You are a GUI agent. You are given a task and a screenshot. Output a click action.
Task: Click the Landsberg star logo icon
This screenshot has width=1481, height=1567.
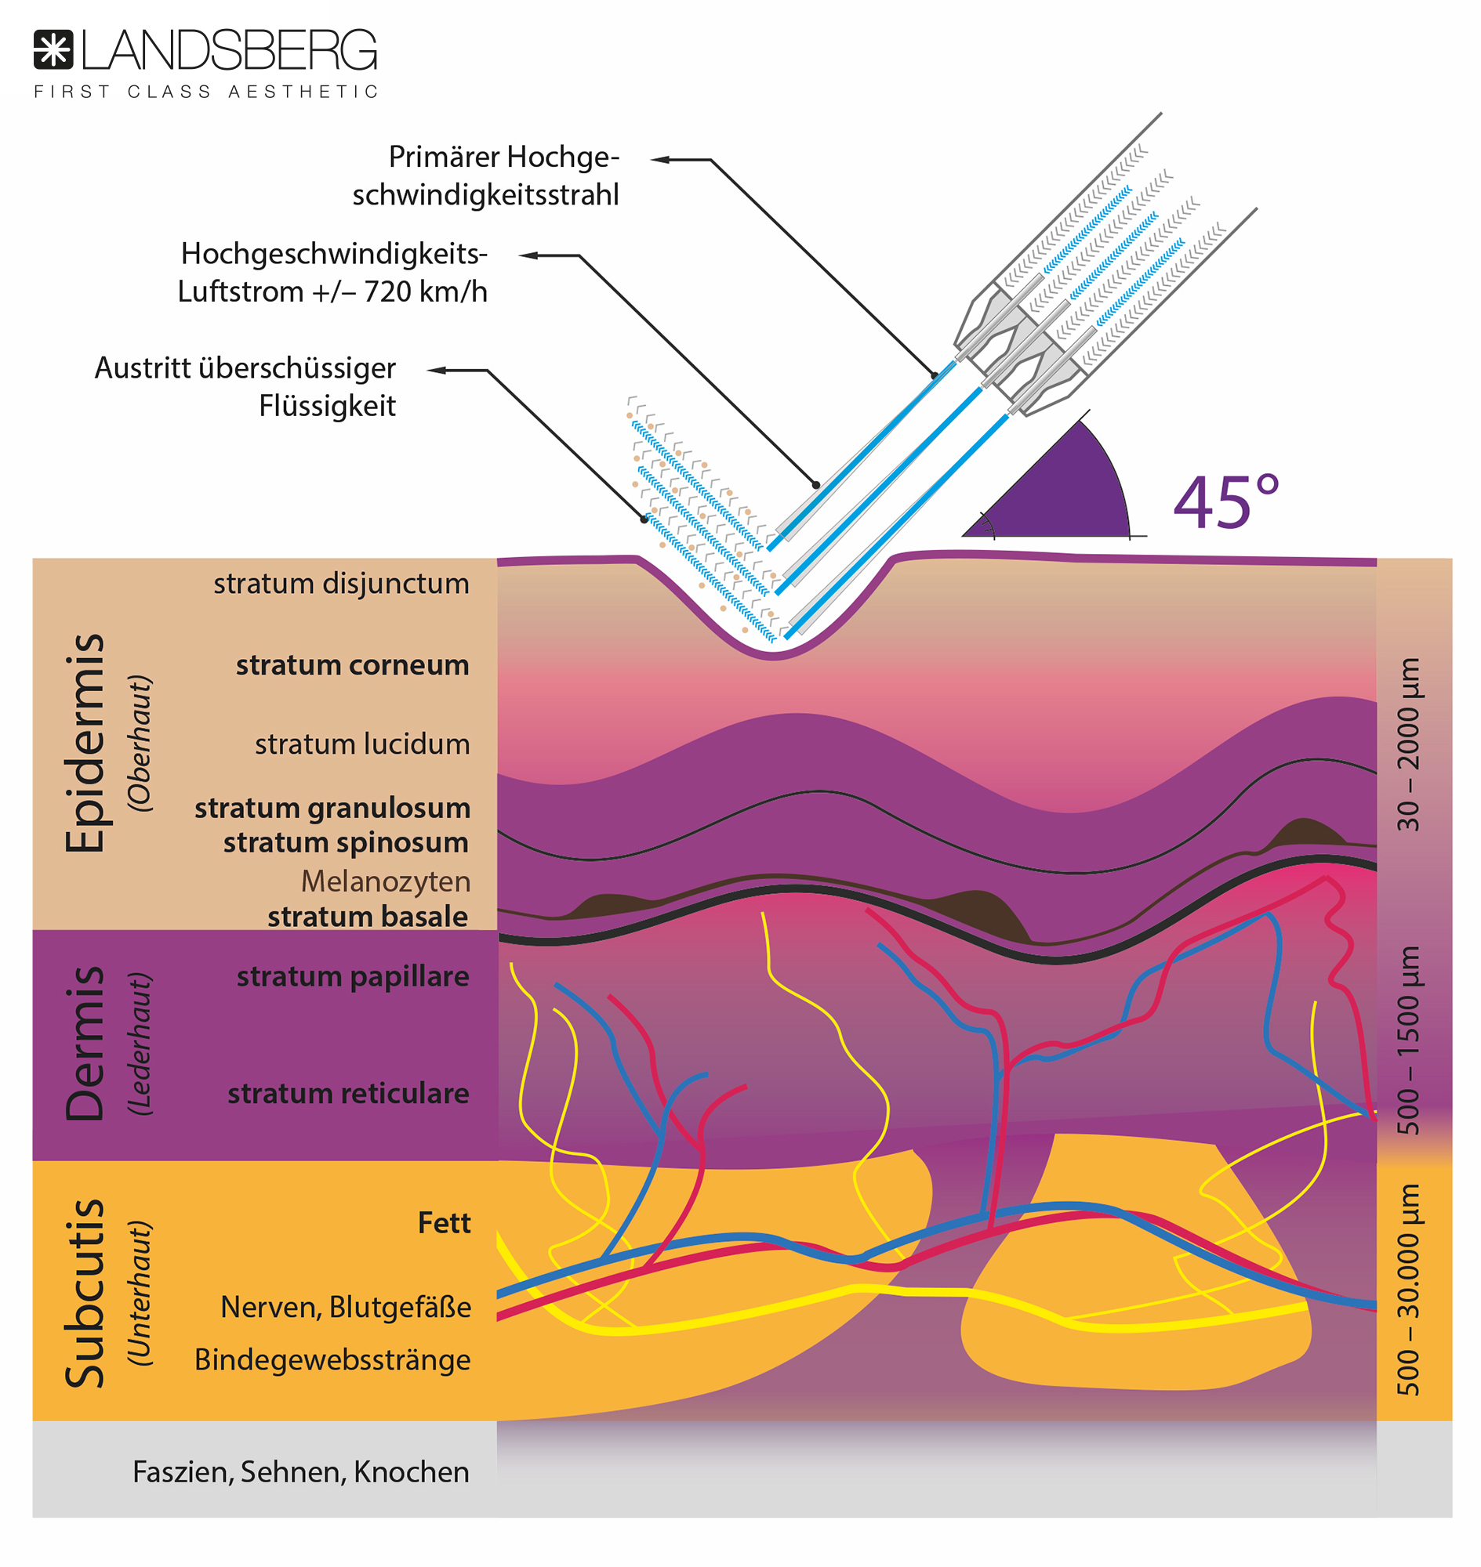pyautogui.click(x=53, y=49)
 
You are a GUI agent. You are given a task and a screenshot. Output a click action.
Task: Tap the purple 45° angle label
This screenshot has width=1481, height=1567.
pyautogui.click(x=1225, y=502)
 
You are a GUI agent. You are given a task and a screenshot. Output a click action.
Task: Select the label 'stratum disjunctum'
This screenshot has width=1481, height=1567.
pyautogui.click(x=341, y=584)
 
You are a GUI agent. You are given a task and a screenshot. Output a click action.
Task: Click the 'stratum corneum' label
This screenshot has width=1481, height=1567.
pyautogui.click(x=352, y=665)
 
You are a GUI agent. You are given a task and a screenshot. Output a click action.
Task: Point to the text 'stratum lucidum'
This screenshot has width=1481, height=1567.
pyautogui.click(x=361, y=744)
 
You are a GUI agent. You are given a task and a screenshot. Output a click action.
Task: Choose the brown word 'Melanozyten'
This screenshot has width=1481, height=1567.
pyautogui.click(x=385, y=881)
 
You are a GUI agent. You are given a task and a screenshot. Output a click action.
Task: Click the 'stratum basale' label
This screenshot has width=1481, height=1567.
pyautogui.click(x=367, y=917)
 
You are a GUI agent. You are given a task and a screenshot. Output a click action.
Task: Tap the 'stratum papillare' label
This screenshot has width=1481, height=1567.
pyautogui.click(x=353, y=977)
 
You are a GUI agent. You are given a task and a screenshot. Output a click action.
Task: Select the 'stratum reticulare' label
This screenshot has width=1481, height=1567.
pyautogui.click(x=348, y=1094)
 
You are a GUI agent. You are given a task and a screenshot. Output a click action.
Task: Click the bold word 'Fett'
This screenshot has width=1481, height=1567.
pyautogui.click(x=444, y=1223)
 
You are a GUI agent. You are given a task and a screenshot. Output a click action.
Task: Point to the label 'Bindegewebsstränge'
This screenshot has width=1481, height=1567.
pyautogui.click(x=332, y=1359)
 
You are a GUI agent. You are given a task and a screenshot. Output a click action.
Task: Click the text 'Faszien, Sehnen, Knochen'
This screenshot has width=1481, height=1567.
pyautogui.click(x=301, y=1472)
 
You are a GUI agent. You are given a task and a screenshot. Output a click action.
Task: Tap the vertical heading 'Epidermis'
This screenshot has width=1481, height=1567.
pyautogui.click(x=85, y=743)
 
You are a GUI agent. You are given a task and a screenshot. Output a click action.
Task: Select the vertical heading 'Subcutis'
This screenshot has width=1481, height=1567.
pyautogui.click(x=85, y=1294)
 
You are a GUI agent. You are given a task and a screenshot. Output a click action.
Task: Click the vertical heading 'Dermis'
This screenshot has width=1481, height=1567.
pyautogui.click(x=85, y=1043)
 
